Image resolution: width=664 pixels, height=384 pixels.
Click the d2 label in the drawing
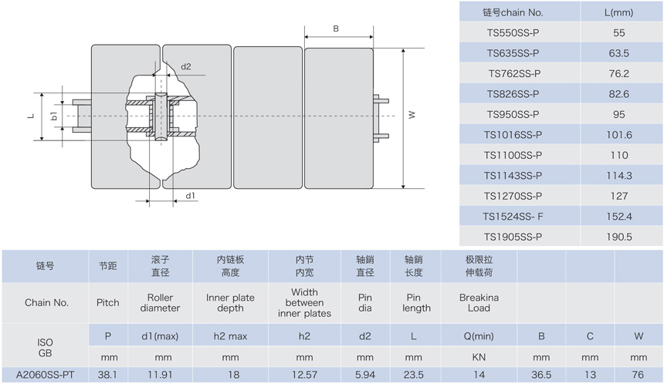pyautogui.click(x=186, y=66)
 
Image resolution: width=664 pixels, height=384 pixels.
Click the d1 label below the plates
pyautogui.click(x=191, y=195)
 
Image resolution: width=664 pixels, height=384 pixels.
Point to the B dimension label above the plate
pyautogui.click(x=336, y=29)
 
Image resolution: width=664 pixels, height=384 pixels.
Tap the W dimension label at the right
pyautogui.click(x=412, y=115)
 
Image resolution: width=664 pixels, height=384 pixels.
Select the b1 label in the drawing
pyautogui.click(x=54, y=116)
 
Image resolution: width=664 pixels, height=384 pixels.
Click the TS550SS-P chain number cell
pyautogui.click(x=513, y=33)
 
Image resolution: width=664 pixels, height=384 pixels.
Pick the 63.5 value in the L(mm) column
pyautogui.click(x=618, y=53)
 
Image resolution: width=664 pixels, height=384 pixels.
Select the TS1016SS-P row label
pyautogui.click(x=513, y=135)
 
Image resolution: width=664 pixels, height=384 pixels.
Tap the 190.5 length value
pyautogui.click(x=618, y=237)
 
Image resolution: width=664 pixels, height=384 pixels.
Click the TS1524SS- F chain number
pyautogui.click(x=513, y=217)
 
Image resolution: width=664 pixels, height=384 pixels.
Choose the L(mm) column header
pyautogui.click(x=618, y=12)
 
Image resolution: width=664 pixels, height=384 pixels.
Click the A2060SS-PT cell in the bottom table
pyautogui.click(x=46, y=375)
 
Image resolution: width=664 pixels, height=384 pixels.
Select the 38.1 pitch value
pyautogui.click(x=107, y=375)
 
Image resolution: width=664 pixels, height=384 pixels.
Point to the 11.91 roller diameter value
pyautogui.click(x=160, y=375)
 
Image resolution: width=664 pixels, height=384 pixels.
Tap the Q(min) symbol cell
pyautogui.click(x=479, y=336)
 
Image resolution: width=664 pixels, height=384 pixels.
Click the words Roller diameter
pyautogui.click(x=160, y=303)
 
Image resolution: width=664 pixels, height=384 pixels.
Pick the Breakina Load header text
pyautogui.click(x=479, y=303)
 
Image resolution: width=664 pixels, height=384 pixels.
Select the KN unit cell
pyautogui.click(x=479, y=357)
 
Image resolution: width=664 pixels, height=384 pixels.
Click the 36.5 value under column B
pyautogui.click(x=541, y=375)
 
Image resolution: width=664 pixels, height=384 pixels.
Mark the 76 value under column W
pyautogui.click(x=638, y=375)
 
